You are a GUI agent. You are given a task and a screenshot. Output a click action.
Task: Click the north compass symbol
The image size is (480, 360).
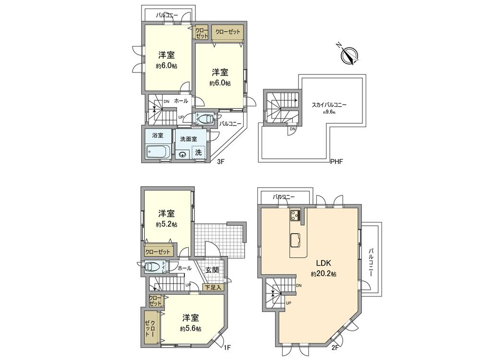(349, 55)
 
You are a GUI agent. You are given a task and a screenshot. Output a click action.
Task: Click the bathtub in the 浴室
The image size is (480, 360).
(157, 153)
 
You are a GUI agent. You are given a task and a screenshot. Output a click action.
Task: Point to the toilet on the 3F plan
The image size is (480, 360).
(204, 118)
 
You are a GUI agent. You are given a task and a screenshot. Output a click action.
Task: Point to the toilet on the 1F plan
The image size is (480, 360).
(152, 266)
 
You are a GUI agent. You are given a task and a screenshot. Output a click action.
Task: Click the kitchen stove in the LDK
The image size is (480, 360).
(295, 216)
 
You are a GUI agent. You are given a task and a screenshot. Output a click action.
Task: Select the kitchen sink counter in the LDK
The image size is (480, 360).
(296, 239)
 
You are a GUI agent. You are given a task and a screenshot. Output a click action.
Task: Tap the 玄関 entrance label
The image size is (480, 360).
(213, 270)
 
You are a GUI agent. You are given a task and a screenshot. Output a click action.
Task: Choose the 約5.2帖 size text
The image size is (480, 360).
(166, 224)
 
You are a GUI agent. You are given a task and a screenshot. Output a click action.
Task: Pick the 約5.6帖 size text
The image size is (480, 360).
(191, 329)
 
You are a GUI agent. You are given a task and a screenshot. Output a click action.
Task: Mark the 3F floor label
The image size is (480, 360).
(220, 162)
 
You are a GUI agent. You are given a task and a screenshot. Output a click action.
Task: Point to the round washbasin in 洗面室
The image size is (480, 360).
(182, 154)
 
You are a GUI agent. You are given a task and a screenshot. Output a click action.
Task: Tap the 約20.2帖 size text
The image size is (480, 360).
(323, 274)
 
